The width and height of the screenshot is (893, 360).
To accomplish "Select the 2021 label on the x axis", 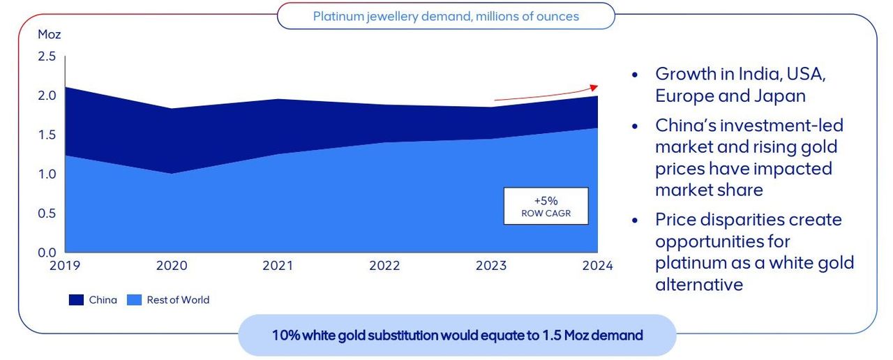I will pos(278,266).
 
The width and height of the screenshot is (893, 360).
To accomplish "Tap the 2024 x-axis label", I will pos(597,266).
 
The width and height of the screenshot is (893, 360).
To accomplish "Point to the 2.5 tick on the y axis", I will pos(46,57).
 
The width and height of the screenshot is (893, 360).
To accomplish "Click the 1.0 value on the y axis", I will pos(46,174).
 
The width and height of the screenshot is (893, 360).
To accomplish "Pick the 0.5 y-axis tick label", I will pos(46,213).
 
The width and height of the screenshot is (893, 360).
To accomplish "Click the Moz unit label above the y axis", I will pos(49,34).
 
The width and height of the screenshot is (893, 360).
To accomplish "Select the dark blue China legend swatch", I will pos(76,300).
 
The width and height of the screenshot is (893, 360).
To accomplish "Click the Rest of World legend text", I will pos(178,300).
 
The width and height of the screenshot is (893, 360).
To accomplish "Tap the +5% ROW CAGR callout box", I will pos(546,206).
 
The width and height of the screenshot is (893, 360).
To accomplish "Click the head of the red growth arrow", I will pos(594,87).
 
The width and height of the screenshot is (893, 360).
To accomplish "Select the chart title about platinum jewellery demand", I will pos(446,15).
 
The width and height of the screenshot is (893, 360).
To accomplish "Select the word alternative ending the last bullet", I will pos(699,285).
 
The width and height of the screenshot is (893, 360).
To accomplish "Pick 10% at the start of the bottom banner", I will pos(286,335).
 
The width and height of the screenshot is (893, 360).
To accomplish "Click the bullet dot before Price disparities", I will pos(635,220).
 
